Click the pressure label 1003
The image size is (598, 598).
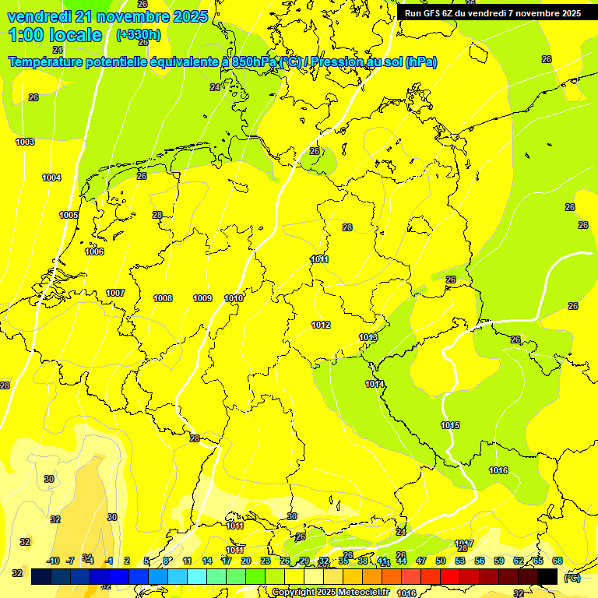[x=25, y=142]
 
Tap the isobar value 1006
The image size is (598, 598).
[x=94, y=252]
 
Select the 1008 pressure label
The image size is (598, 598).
[x=163, y=298]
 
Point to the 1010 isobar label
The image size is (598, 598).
[x=234, y=298]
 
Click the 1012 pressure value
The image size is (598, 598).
[x=321, y=325]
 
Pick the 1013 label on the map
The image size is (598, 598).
[x=368, y=337]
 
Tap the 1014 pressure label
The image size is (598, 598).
[x=375, y=384]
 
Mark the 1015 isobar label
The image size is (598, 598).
[x=450, y=425]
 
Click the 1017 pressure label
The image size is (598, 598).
[x=464, y=543]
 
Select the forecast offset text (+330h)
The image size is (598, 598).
[x=139, y=35]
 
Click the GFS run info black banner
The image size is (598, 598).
[x=492, y=13]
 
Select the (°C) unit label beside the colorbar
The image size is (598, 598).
[x=572, y=578]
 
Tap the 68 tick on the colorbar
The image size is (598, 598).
[x=558, y=561]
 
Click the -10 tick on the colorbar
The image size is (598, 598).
[x=53, y=561]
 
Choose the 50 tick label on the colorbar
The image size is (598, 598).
[x=441, y=561]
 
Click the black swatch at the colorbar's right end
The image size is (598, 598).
[x=547, y=577]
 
